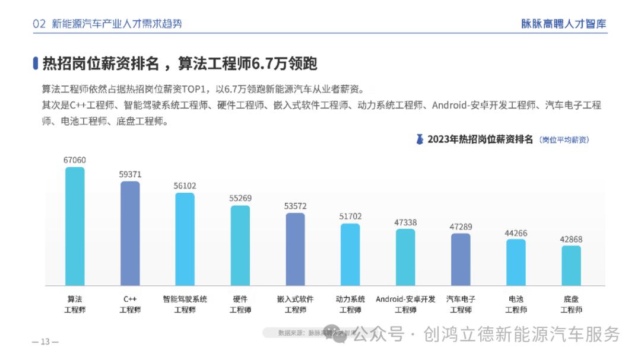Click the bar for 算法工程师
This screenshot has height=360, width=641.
coord(75,226)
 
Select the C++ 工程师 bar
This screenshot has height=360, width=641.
coord(130,233)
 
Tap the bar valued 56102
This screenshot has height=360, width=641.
coord(185,239)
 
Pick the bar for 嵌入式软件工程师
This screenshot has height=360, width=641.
coord(295,249)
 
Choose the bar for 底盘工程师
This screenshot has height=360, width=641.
coord(571,265)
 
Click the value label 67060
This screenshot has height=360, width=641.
coord(75,160)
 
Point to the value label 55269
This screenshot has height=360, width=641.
coord(240,198)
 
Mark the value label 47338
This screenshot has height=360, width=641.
coord(405,222)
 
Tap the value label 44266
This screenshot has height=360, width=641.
coord(516,232)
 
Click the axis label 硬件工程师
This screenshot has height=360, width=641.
coord(240,304)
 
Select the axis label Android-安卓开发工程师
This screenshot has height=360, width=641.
coord(405,304)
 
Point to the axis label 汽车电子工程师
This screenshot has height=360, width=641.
coord(461,304)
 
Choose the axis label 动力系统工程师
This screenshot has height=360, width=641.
coord(350,304)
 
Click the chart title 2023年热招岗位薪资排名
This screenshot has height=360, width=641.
coord(480,139)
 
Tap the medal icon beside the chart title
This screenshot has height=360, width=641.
coord(420,139)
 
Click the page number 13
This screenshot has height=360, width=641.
coord(45,342)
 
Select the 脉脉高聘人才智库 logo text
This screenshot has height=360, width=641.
coord(564,24)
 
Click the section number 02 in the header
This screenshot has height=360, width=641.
coord(40,24)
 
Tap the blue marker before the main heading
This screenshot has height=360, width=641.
coord(36,63)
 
